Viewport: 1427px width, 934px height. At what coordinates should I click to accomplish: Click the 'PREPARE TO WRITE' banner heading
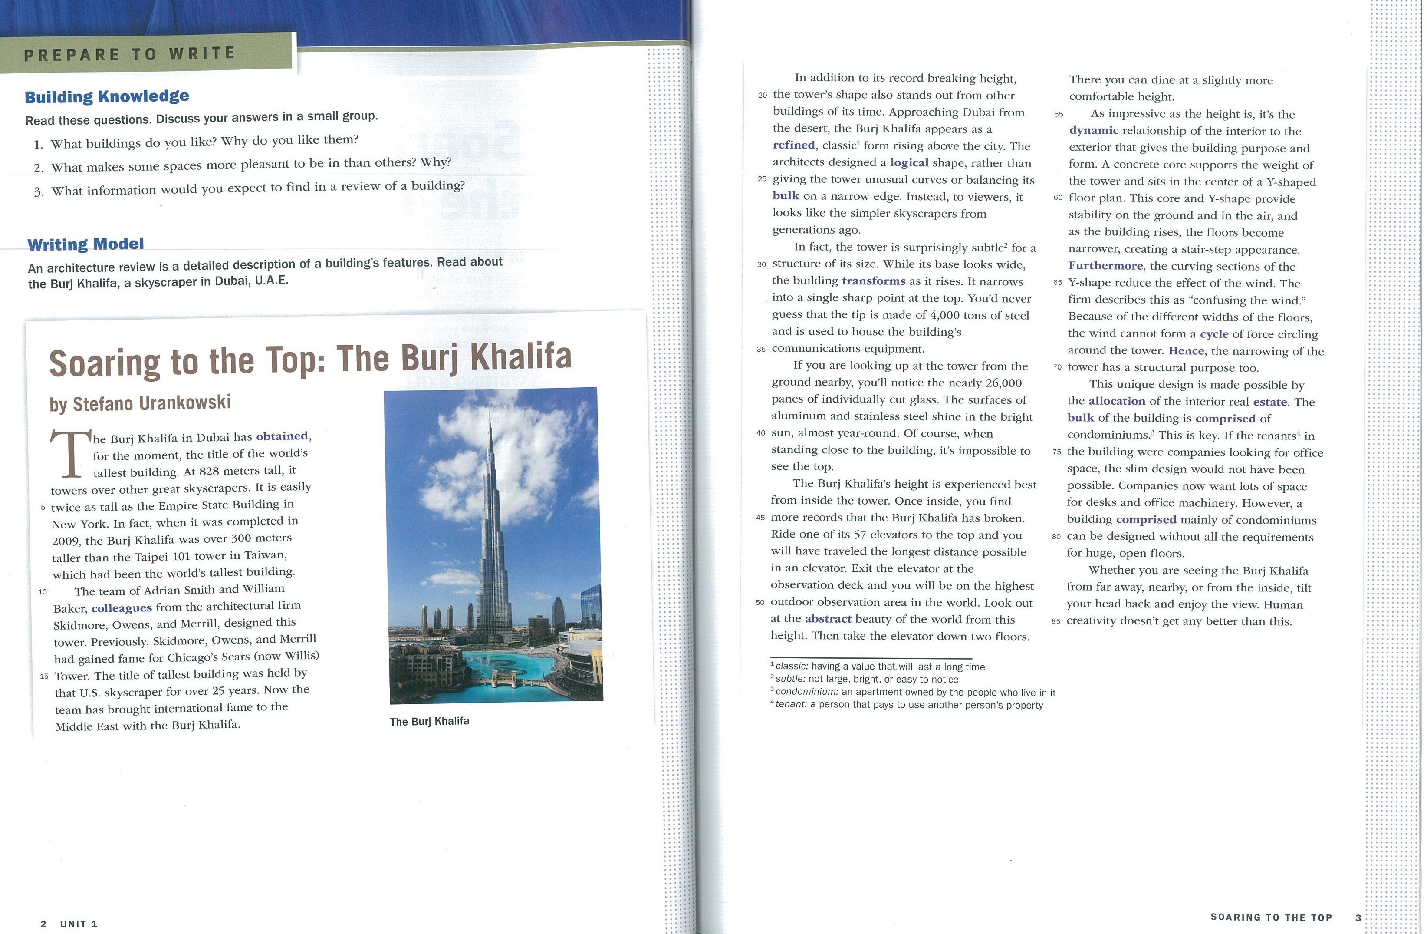pos(129,54)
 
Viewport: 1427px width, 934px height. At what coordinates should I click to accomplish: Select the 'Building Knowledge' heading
pos(107,96)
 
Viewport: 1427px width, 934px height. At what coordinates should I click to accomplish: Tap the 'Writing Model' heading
pos(86,244)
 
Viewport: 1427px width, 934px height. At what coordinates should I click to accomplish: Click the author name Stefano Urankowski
pos(140,403)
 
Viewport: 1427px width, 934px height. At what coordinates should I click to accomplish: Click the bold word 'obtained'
pos(282,436)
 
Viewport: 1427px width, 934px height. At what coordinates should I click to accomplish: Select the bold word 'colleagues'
pos(122,607)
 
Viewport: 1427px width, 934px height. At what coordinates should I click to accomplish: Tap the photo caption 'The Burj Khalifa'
pos(429,721)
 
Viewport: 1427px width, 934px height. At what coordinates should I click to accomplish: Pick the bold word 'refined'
pos(794,145)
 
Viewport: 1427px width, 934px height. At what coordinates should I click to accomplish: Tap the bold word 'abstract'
pos(828,619)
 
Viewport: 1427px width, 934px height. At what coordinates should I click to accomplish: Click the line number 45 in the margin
pos(760,518)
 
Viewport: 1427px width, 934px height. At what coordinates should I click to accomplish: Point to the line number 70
pos(1057,367)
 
